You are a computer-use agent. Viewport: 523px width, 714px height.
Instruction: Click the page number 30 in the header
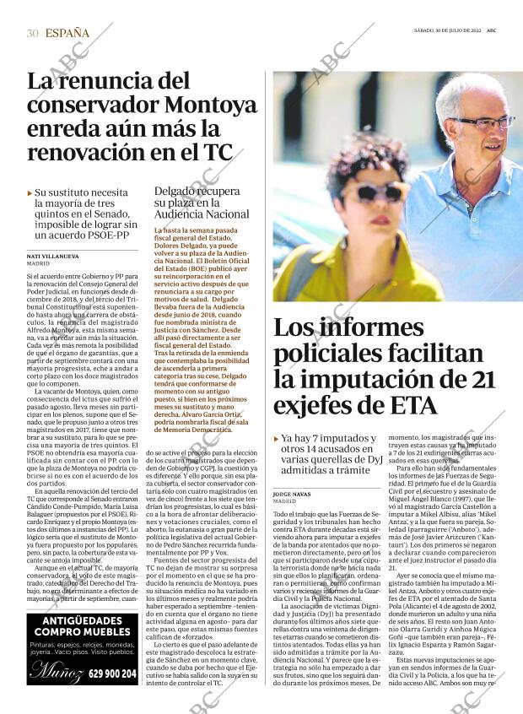pos(32,33)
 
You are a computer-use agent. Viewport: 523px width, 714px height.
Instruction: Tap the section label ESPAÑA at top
pos(67,33)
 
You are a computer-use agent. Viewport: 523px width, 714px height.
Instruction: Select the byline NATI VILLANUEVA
pos(54,255)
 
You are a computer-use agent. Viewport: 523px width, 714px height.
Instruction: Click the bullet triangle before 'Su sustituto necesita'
pos(30,193)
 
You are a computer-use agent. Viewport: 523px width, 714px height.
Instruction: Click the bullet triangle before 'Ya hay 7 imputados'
pos(277,439)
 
